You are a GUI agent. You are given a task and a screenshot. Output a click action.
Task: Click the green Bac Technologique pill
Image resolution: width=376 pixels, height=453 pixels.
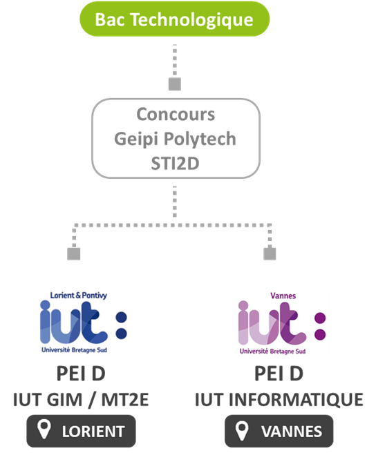(x=175, y=19)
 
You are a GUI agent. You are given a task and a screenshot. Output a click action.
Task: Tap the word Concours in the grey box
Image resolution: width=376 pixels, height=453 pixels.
(x=176, y=115)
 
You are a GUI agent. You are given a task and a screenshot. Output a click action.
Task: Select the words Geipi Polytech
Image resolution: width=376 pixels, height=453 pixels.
(x=176, y=139)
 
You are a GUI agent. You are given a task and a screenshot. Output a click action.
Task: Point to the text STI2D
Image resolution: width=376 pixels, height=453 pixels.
(x=176, y=163)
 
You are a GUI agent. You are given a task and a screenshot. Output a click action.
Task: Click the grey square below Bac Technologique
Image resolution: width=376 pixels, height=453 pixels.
(x=175, y=84)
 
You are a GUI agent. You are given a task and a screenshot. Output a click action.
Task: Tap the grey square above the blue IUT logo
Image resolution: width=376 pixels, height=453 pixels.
(x=74, y=254)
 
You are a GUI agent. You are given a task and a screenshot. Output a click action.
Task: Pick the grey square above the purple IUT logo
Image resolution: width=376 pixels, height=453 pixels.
(x=270, y=254)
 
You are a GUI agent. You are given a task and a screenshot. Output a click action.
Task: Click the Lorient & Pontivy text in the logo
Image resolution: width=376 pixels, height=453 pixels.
(x=78, y=296)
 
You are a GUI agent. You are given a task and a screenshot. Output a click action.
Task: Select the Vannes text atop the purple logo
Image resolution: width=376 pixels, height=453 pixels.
(x=283, y=296)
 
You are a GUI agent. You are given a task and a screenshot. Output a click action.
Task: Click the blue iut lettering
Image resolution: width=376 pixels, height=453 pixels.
(x=74, y=323)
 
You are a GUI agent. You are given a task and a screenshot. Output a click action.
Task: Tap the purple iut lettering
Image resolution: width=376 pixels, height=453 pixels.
(x=272, y=323)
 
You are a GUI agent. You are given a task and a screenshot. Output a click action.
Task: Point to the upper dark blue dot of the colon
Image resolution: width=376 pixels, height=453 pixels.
(x=122, y=318)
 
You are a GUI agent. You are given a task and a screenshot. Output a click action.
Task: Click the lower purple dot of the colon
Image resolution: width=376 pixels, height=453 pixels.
(x=320, y=334)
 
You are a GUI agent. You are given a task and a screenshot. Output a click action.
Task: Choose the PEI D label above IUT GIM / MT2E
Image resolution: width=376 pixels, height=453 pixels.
(x=81, y=374)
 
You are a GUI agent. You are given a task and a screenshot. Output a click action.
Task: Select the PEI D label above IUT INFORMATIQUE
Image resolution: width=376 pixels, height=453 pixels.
(x=279, y=374)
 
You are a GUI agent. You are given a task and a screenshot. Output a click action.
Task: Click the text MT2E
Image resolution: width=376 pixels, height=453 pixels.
(x=125, y=400)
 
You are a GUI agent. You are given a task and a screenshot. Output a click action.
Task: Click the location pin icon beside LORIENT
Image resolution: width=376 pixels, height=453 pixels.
(x=44, y=430)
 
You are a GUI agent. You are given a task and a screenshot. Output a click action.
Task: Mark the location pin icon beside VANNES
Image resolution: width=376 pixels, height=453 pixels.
(x=242, y=430)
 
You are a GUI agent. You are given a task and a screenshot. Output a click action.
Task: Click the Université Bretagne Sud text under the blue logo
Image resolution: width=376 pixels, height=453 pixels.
(x=75, y=350)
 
